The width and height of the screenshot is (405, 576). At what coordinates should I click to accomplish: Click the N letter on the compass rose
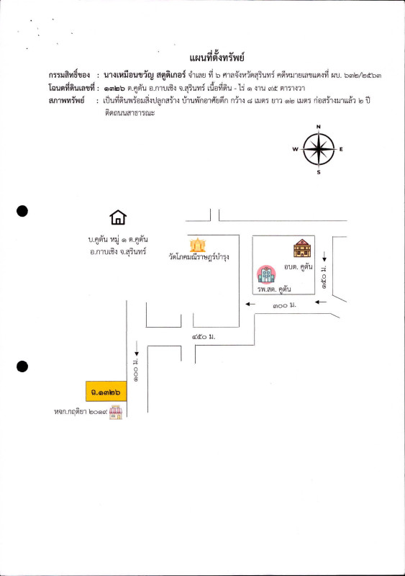[319, 127]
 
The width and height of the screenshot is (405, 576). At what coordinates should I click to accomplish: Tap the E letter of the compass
[341, 150]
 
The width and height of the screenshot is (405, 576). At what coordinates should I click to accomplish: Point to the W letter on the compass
[295, 150]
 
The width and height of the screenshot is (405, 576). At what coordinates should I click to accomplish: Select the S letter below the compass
[319, 173]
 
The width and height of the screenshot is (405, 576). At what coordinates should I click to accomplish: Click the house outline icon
[117, 218]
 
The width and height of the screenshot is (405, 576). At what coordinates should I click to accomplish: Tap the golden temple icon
[197, 244]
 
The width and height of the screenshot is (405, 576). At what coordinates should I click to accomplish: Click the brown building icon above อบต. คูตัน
[302, 248]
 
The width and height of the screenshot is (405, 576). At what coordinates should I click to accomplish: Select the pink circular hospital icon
[266, 274]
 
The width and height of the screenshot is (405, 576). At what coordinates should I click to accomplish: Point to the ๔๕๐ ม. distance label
[205, 338]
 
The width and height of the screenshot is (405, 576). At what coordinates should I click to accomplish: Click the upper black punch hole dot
[22, 211]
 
